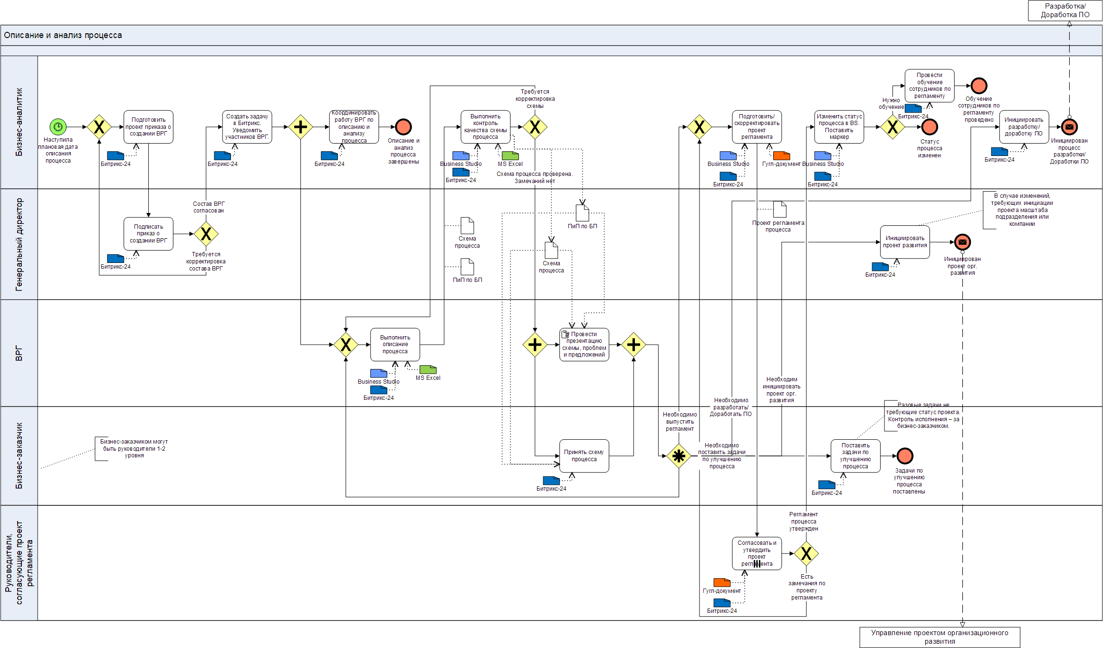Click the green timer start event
tap(58, 127)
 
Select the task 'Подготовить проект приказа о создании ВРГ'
tap(148, 127)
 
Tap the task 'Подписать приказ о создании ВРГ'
tap(148, 234)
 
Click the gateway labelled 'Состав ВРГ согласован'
tap(206, 234)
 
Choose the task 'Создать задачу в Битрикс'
tap(247, 127)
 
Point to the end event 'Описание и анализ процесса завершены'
tap(403, 127)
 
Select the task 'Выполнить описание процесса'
tap(395, 345)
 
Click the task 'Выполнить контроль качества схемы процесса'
tap(485, 127)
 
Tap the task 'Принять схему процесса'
tap(584, 456)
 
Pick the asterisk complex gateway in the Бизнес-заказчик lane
tap(679, 456)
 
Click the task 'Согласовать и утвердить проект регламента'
tap(757, 553)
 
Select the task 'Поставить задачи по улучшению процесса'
tap(855, 456)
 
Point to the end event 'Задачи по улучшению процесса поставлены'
tap(905, 456)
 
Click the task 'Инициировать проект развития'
tap(905, 242)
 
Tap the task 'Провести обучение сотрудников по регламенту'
tap(930, 86)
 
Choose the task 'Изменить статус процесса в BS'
tap(839, 127)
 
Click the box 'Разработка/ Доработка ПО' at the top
tap(1065, 10)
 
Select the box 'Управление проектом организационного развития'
tap(940, 637)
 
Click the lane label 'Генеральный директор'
tap(19, 244)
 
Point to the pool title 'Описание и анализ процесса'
tap(63, 35)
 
